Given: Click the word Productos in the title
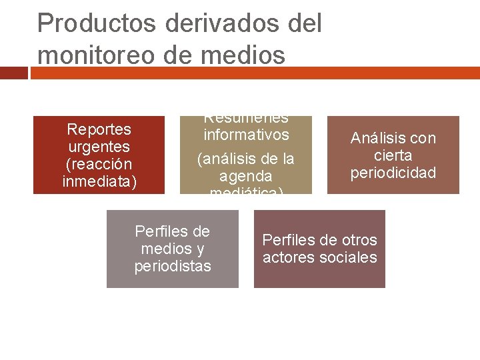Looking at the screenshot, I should (x=97, y=23).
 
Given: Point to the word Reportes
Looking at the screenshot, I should (x=99, y=129).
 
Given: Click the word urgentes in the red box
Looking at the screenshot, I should (x=99, y=146).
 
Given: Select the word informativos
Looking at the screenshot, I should (x=246, y=135).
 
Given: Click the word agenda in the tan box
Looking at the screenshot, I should (x=246, y=177).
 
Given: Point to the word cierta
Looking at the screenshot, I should (x=393, y=156).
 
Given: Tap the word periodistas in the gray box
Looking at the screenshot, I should (x=173, y=267).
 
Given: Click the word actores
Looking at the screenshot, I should (x=287, y=258).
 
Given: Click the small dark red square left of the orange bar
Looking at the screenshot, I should (x=14, y=73).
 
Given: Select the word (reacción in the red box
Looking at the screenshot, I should (x=99, y=164).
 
